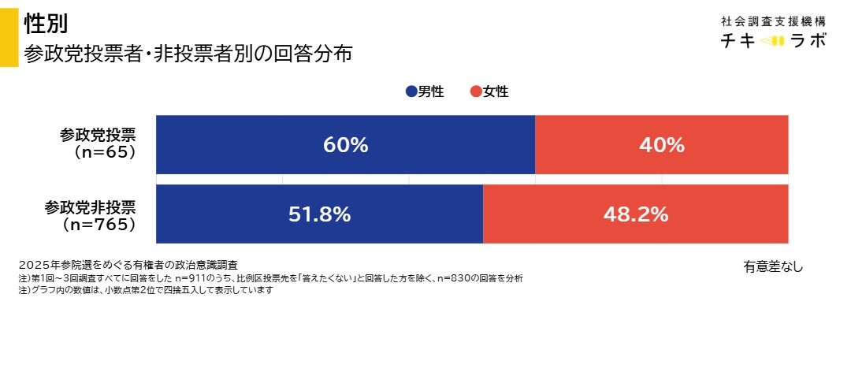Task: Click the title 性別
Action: (x=46, y=24)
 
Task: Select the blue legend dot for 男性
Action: (x=411, y=92)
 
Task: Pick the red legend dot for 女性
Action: (x=475, y=92)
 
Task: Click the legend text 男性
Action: (x=431, y=92)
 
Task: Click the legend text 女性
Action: (x=496, y=92)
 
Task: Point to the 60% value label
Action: (x=345, y=145)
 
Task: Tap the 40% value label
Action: (x=661, y=145)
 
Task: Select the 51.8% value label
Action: (x=319, y=214)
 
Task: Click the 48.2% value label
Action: (x=635, y=214)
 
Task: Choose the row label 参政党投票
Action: (x=97, y=136)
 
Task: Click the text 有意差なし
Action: (x=772, y=266)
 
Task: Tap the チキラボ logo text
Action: (x=773, y=40)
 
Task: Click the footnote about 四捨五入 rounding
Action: (x=145, y=290)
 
